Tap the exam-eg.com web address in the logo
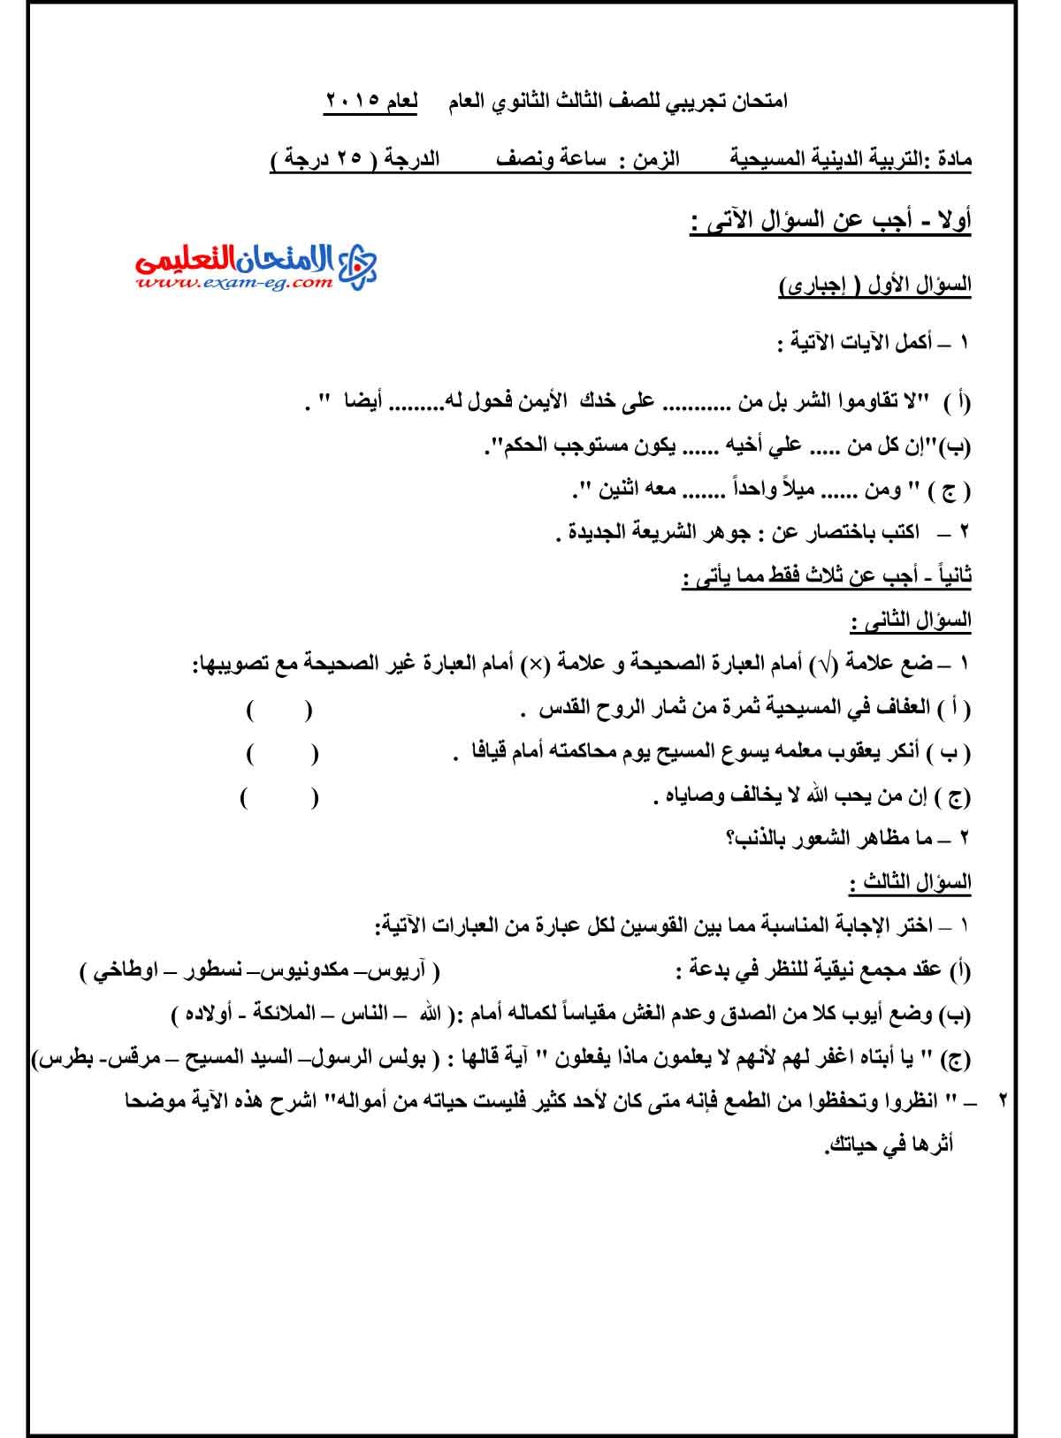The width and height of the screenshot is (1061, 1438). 234,284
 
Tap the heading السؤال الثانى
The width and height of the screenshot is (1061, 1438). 910,620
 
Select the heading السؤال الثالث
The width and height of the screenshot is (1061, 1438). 910,881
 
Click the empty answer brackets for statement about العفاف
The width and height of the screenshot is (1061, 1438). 279,709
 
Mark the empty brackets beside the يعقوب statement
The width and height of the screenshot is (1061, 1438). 282,753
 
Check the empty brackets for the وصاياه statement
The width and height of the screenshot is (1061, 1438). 279,797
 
